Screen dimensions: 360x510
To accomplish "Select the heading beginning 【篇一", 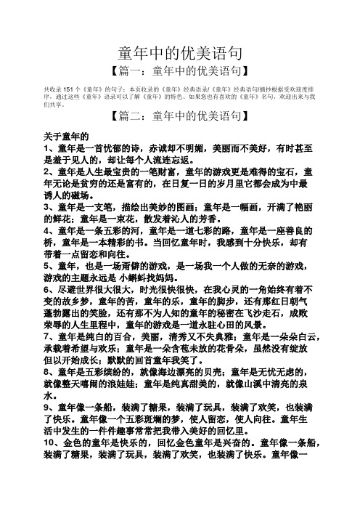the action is tap(179, 71).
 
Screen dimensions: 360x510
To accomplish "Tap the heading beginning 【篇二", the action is tap(179, 116).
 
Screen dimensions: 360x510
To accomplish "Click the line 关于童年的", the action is tap(65, 136).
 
